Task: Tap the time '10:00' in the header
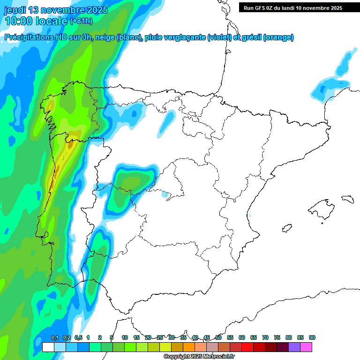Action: [19, 21]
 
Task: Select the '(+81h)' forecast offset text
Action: [81, 21]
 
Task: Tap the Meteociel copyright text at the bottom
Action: [199, 357]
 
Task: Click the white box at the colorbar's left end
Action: [48, 347]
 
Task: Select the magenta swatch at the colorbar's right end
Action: [306, 347]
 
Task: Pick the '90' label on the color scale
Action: [312, 338]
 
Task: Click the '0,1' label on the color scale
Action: [54, 338]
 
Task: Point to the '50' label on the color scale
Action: [218, 338]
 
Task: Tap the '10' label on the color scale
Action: [125, 338]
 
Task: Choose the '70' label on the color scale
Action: [265, 338]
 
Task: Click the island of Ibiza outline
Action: [286, 228]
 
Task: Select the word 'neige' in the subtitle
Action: [105, 37]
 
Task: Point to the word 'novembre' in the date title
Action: [61, 10]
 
